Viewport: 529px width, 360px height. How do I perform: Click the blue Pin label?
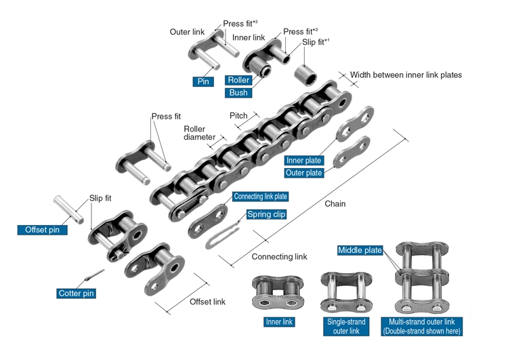(203, 81)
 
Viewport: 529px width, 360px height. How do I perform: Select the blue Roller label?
(238, 80)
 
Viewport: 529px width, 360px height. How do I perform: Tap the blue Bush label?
(238, 93)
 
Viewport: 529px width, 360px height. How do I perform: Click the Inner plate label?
(304, 161)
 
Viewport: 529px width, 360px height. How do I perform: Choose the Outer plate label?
(304, 173)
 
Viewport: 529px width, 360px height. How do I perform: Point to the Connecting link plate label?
(260, 197)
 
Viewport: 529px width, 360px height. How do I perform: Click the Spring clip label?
(266, 214)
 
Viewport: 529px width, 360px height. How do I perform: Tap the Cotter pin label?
(76, 294)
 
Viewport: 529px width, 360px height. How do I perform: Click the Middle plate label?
(360, 251)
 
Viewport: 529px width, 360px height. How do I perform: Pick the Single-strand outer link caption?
(346, 326)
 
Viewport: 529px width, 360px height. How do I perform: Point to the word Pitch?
(238, 116)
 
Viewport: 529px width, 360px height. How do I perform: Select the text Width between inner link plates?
(406, 75)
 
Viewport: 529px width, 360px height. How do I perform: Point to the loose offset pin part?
(69, 208)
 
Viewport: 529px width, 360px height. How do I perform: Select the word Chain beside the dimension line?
(335, 203)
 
